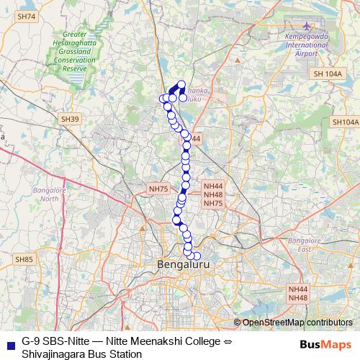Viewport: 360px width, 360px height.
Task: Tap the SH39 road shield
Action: [x=71, y=118]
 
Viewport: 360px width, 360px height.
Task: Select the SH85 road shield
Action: [x=24, y=258]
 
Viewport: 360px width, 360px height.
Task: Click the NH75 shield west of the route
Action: [x=158, y=189]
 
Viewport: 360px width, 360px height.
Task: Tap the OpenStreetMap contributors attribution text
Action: [x=297, y=322]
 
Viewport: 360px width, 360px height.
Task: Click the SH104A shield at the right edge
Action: [x=344, y=122]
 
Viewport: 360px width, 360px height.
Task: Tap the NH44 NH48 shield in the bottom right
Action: [x=297, y=293]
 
